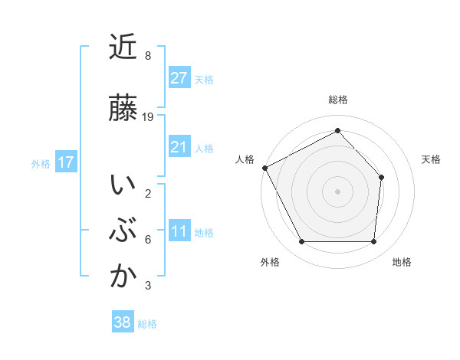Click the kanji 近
(123, 47)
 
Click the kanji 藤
(123, 106)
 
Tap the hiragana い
(123, 185)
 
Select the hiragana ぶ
(123, 231)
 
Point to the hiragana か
(123, 277)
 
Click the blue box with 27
(179, 77)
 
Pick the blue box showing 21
(179, 147)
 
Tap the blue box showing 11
(179, 231)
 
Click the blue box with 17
(65, 162)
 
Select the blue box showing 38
(123, 322)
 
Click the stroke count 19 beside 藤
(149, 117)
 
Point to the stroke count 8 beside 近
(148, 56)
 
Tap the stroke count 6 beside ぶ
(148, 240)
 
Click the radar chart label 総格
(338, 100)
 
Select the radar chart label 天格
(432, 159)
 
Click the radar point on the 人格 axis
(264, 168)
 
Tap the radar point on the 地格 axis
(374, 242)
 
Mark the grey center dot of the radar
(337, 191)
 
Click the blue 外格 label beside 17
(41, 163)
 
